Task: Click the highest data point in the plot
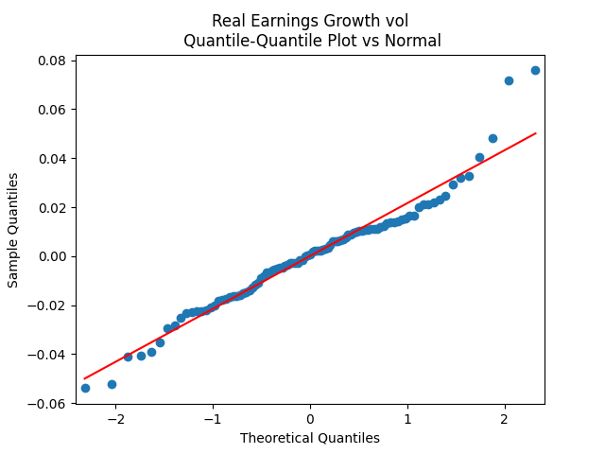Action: (535, 70)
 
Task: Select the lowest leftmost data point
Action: (85, 388)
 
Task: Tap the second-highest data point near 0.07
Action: (509, 80)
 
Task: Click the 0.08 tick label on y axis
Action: (52, 61)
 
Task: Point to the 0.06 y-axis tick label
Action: (52, 110)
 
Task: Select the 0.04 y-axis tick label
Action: (52, 158)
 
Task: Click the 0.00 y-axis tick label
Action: (52, 256)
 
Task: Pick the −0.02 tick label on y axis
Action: (48, 306)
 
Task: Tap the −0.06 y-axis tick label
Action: (48, 403)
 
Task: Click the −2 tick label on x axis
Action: (115, 420)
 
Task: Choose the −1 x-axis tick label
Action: (213, 420)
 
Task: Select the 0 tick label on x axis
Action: (310, 420)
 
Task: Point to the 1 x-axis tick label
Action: (407, 420)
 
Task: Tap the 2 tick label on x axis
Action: (505, 420)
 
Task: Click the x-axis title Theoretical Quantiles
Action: (310, 438)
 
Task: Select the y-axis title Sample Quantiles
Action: (13, 230)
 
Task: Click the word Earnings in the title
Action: (280, 21)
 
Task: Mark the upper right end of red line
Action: (536, 133)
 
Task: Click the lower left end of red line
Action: (85, 378)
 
